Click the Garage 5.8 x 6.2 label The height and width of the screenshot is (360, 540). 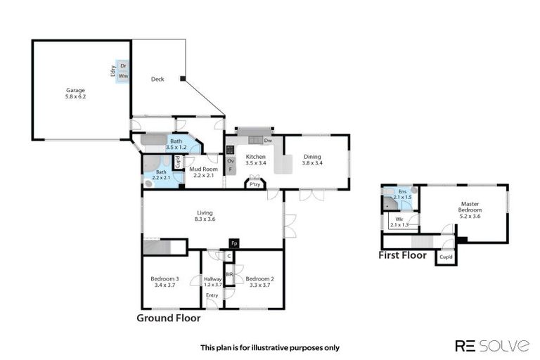(x=75, y=94)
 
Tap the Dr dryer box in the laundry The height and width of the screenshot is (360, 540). (x=124, y=65)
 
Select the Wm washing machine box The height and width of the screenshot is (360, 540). (x=124, y=76)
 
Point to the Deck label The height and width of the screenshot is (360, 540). (x=157, y=79)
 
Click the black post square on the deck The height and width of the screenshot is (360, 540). (x=182, y=79)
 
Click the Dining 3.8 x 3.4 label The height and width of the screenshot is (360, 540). (x=312, y=160)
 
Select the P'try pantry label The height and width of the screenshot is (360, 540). (x=253, y=185)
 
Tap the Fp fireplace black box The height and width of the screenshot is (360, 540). (x=234, y=243)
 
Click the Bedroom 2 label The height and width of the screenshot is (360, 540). (x=260, y=282)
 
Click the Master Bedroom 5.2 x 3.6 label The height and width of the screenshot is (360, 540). (x=470, y=210)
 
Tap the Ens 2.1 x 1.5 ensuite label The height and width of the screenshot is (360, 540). (x=402, y=194)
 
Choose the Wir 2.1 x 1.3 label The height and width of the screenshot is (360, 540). (x=399, y=222)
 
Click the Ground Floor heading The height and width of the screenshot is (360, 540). (x=168, y=319)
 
